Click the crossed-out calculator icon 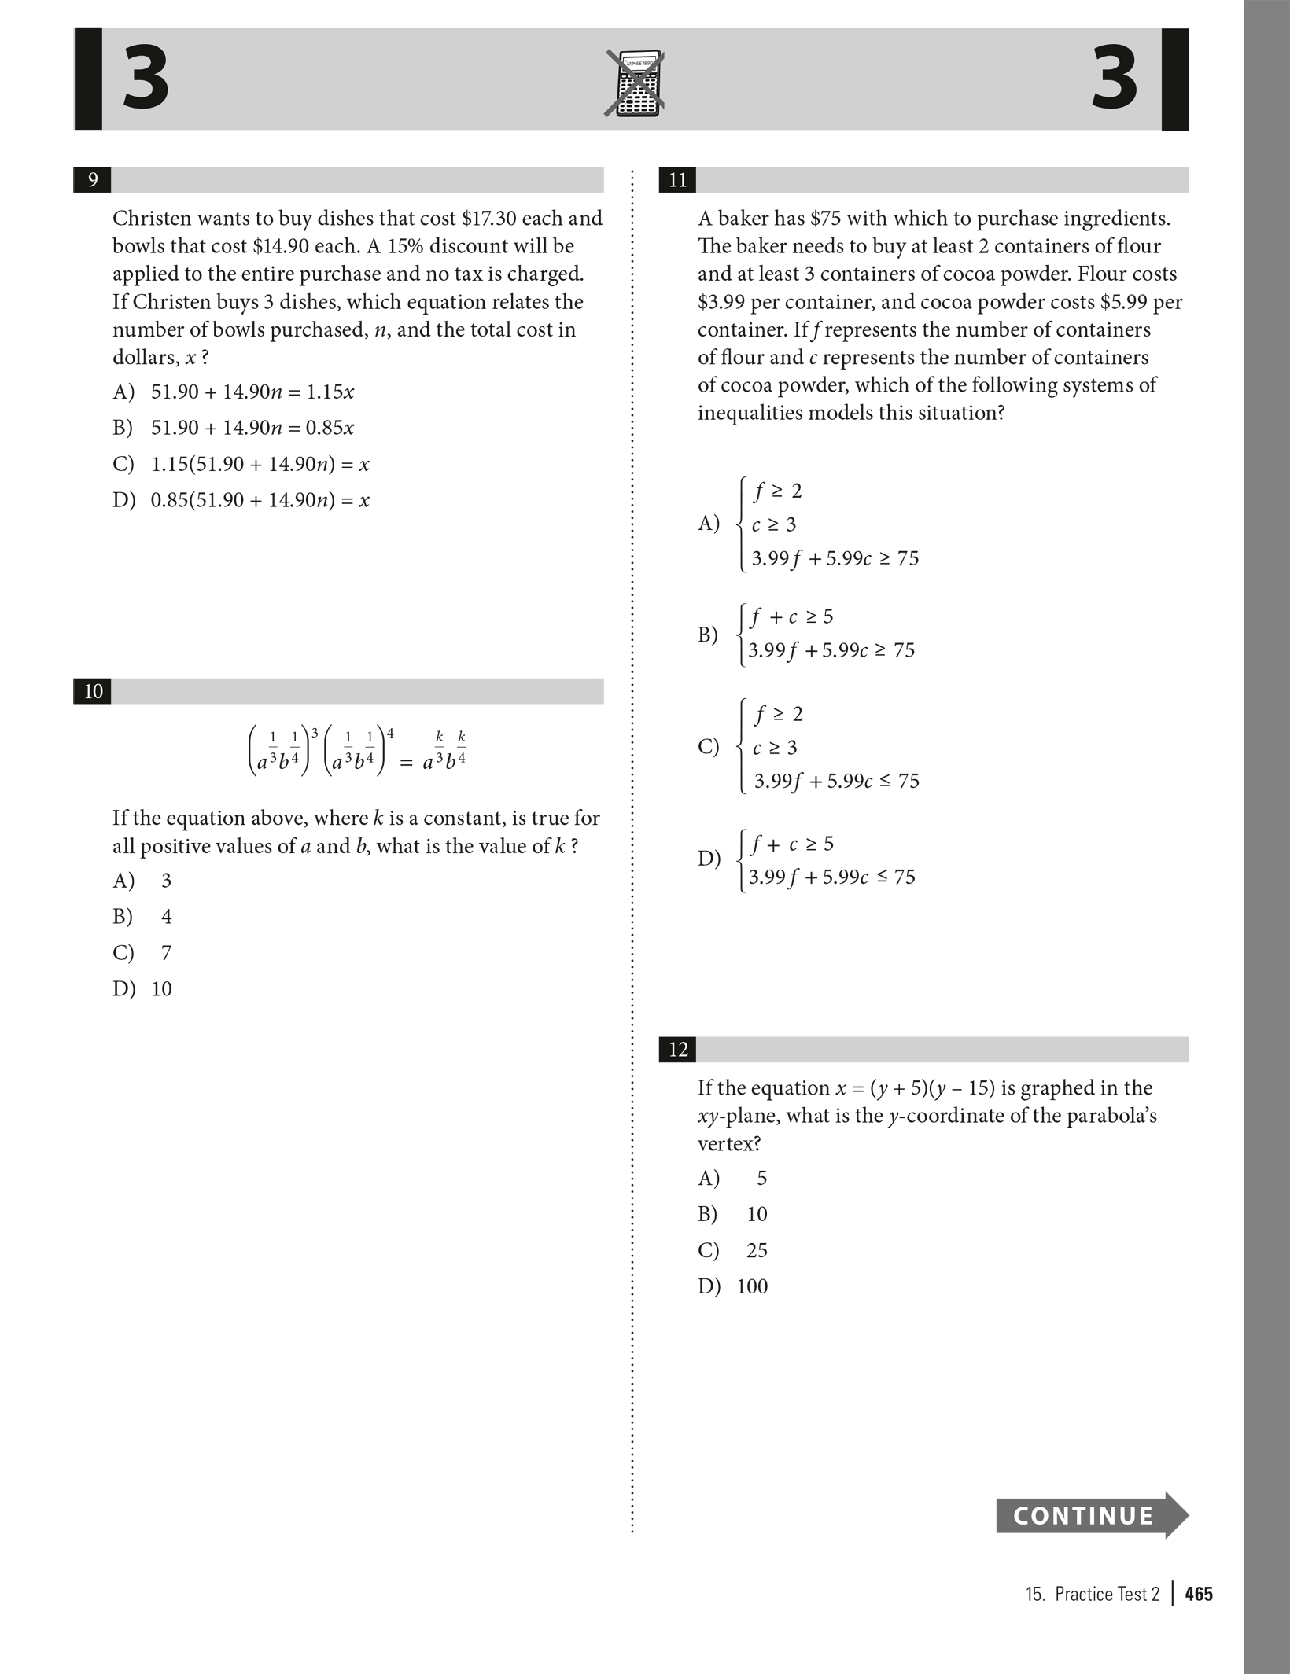[635, 83]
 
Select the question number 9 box [92, 180]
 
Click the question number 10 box [93, 691]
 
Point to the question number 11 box [677, 180]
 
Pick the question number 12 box [677, 1049]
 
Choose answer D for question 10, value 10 [161, 988]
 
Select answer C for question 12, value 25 [756, 1249]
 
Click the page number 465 [1199, 1594]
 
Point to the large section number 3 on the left [146, 79]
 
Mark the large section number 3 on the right [1115, 79]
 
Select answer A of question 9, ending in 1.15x [252, 392]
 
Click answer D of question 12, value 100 [752, 1286]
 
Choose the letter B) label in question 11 [708, 634]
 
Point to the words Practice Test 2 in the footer [1107, 1594]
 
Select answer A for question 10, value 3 [166, 880]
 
